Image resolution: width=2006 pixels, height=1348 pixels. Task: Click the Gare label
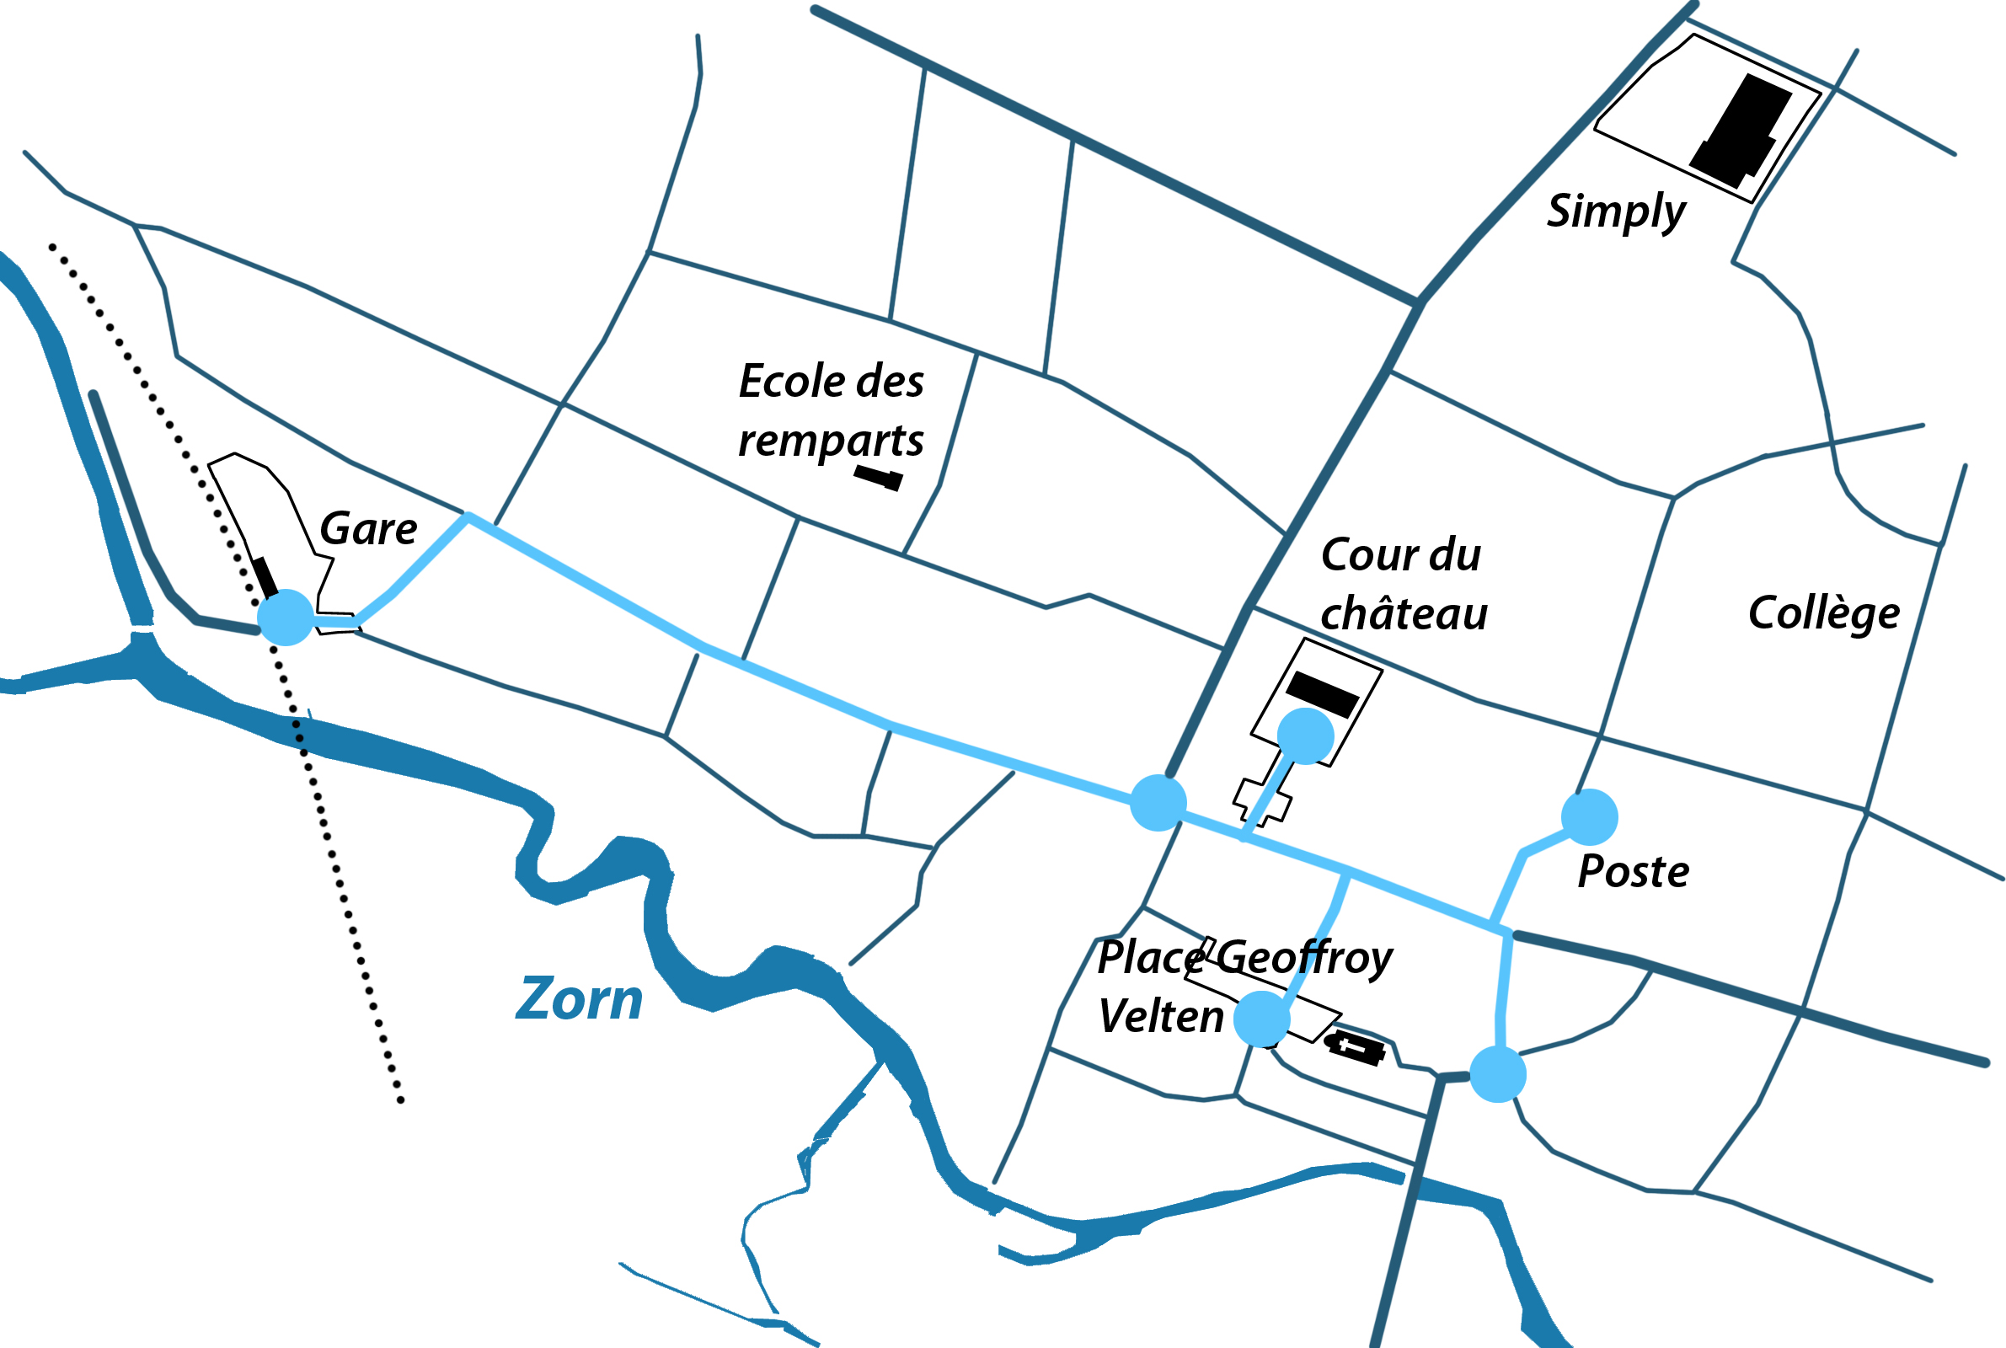(x=368, y=528)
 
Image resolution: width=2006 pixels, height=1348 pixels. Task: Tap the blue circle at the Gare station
(x=286, y=618)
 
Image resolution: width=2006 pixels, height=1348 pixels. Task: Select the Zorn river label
(x=579, y=1000)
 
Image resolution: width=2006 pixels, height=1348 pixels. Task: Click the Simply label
(x=1616, y=211)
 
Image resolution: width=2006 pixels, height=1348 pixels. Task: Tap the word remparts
(x=830, y=440)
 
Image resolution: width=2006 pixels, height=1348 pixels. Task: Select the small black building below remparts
(x=878, y=478)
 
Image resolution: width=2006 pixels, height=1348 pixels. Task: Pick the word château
(x=1404, y=614)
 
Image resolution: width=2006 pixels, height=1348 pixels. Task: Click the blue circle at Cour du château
(x=1306, y=736)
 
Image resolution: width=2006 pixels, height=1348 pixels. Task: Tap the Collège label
(x=1824, y=613)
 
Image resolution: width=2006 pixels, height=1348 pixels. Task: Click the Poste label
(x=1633, y=872)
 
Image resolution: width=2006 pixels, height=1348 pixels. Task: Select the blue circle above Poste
(x=1589, y=817)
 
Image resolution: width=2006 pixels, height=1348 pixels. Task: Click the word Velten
(x=1160, y=1016)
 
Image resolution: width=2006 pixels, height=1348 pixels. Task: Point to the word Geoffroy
(x=1305, y=957)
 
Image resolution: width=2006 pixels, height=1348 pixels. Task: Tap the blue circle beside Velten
(x=1261, y=1019)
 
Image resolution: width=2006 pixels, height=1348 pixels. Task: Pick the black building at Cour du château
(x=1322, y=694)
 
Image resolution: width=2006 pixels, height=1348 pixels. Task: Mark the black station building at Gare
(x=265, y=577)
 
